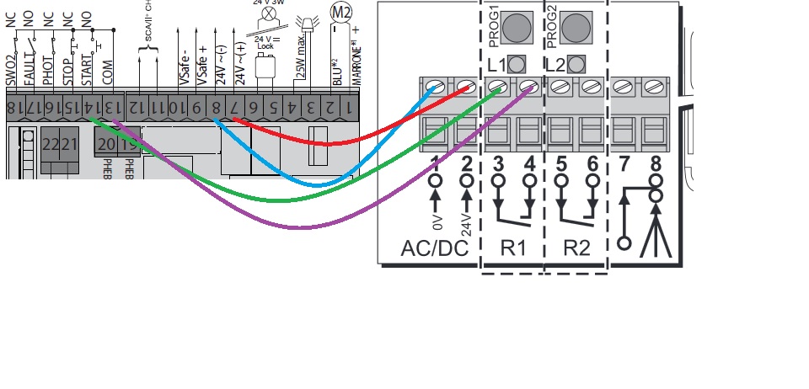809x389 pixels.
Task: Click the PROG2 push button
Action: (576, 29)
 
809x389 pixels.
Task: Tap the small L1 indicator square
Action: (518, 63)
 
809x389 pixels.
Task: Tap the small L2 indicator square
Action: (577, 63)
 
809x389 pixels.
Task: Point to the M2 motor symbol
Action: (340, 12)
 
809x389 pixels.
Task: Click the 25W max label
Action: (301, 67)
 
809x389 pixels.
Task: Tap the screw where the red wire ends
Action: (465, 86)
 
